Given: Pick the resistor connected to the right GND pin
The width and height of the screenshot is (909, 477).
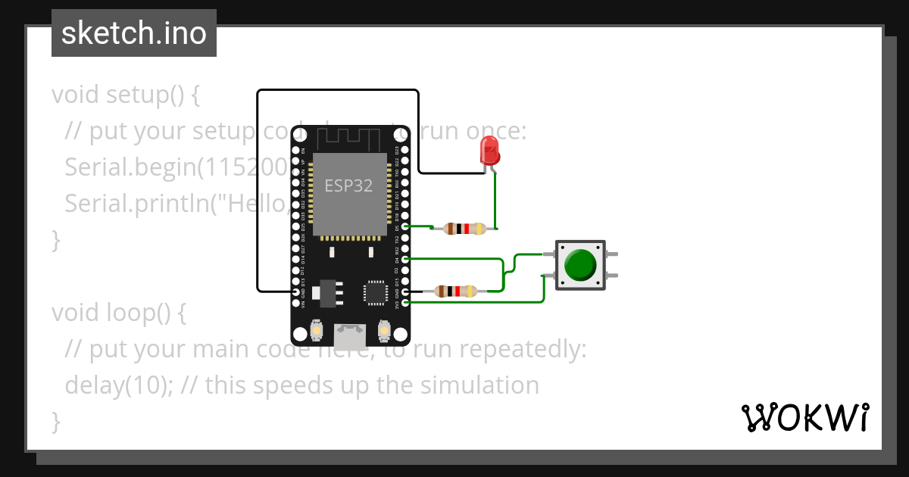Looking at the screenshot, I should (454, 291).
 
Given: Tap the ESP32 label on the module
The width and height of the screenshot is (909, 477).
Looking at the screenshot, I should (348, 185).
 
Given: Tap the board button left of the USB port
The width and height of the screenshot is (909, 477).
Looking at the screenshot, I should (317, 331).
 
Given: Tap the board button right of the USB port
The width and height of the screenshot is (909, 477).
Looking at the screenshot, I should (383, 331).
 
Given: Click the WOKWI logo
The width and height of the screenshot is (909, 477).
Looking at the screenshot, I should (804, 417).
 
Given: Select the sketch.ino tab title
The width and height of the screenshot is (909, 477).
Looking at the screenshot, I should (134, 33).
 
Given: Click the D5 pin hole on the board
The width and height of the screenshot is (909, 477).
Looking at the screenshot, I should (406, 226).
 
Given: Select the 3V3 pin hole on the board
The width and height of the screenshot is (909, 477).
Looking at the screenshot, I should (406, 303).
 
